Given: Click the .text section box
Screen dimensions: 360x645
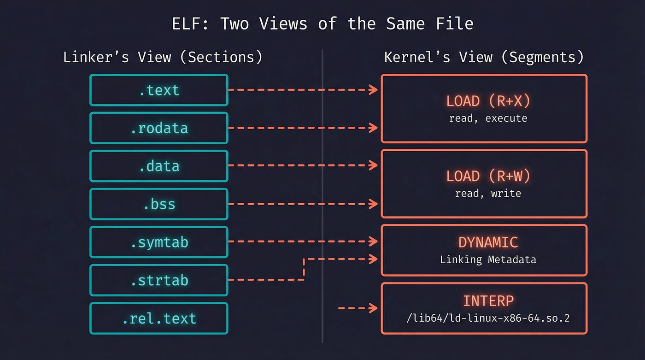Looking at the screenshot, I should (159, 90).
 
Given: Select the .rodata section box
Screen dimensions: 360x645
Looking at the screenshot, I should (159, 128).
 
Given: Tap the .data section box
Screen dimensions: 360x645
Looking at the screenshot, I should (159, 166).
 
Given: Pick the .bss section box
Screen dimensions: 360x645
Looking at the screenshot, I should (159, 204).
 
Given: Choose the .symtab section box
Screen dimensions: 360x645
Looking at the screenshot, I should (159, 242).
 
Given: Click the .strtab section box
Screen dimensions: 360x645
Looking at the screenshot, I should (159, 280).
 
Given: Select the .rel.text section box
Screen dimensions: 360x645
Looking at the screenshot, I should (159, 318).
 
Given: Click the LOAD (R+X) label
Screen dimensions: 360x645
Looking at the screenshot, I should (488, 101).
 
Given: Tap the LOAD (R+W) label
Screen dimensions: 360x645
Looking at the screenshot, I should (488, 176).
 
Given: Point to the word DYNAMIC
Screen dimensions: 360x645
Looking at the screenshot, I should (488, 242).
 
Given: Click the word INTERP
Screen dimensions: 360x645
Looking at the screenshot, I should (488, 301).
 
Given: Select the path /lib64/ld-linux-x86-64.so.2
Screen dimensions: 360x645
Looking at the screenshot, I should (488, 318).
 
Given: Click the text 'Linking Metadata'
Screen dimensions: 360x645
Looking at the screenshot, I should (488, 260).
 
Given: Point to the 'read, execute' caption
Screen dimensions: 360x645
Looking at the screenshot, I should (488, 118).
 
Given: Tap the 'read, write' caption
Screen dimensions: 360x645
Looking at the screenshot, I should (488, 193).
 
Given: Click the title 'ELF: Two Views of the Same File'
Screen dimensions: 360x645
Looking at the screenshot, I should (322, 24).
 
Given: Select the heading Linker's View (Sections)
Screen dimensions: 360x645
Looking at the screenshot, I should (163, 57).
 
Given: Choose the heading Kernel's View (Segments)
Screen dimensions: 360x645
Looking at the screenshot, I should (484, 57).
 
